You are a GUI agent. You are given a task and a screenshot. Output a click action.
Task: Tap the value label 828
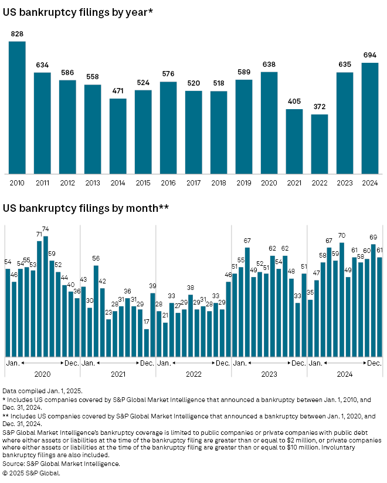(17, 35)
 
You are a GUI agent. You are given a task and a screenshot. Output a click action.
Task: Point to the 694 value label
(370, 56)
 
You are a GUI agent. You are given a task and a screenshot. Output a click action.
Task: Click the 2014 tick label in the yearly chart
(118, 183)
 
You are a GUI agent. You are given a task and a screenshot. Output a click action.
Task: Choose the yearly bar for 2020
(269, 123)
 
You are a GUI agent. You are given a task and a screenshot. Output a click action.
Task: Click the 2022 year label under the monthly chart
(193, 372)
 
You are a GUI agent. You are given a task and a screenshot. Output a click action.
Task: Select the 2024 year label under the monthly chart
(345, 372)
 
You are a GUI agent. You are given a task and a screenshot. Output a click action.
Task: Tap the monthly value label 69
(373, 237)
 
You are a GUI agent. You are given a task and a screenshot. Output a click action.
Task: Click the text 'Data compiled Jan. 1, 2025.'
(43, 390)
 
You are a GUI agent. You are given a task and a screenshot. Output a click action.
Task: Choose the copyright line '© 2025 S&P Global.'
(31, 472)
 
